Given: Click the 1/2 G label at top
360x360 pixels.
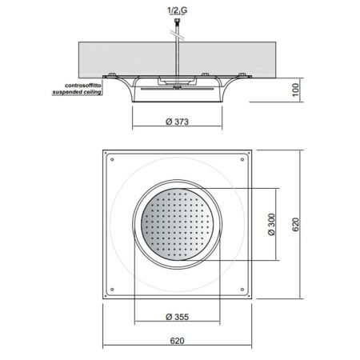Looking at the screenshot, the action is [x=177, y=10].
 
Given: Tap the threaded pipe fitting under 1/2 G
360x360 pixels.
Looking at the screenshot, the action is [x=177, y=21].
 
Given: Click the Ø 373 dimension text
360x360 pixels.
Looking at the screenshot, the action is [x=177, y=122].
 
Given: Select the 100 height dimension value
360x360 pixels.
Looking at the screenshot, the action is [x=295, y=90].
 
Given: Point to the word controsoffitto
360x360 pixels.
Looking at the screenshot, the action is [x=83, y=86].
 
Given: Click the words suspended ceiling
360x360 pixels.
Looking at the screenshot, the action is [x=77, y=92].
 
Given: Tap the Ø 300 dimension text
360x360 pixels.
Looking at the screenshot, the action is [x=271, y=224].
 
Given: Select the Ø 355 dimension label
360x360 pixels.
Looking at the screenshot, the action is [x=177, y=317].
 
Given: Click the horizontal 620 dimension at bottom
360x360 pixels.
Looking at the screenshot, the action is [x=177, y=341].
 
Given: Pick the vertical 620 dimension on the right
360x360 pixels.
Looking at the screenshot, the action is [x=295, y=225].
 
